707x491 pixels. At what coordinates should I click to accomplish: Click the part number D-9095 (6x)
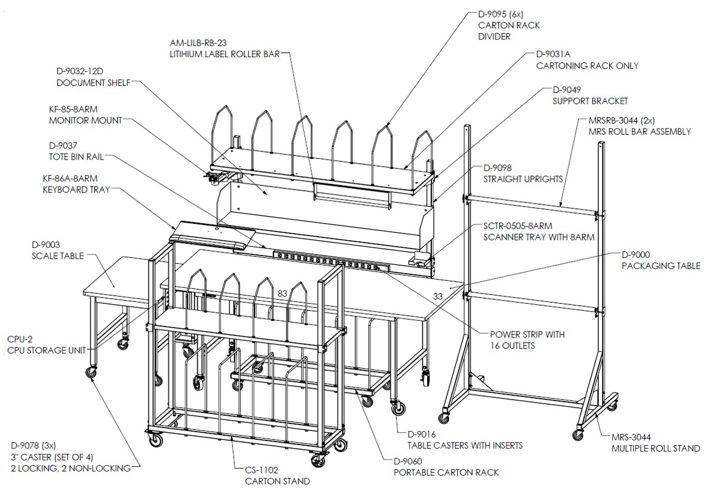point(501,14)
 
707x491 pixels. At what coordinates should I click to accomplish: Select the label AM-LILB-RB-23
point(198,43)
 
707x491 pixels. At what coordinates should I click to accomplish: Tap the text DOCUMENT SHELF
point(94,83)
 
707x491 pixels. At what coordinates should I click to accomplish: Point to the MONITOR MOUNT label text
point(85,121)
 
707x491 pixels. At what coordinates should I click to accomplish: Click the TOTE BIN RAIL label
point(77,157)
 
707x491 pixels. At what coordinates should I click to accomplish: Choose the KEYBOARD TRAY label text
point(77,190)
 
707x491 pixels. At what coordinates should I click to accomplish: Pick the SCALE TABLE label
point(58,256)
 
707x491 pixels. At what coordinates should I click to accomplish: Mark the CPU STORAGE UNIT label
point(47,351)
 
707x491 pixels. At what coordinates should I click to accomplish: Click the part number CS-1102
point(262,470)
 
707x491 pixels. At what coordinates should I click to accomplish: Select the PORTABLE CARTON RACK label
point(447,473)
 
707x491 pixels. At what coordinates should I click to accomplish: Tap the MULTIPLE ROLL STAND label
point(656,449)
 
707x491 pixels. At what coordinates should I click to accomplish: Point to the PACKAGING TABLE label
point(661,266)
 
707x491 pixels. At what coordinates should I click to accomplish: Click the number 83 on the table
point(282,294)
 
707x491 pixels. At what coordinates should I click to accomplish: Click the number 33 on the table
point(438,297)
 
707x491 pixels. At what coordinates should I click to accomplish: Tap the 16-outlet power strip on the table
point(331,260)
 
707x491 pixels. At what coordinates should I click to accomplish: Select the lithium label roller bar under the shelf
point(352,196)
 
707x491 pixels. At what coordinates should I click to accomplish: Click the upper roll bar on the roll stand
point(533,205)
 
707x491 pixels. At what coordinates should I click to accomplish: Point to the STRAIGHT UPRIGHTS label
point(523,180)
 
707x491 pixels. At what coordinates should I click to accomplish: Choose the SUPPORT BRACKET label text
point(590,101)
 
